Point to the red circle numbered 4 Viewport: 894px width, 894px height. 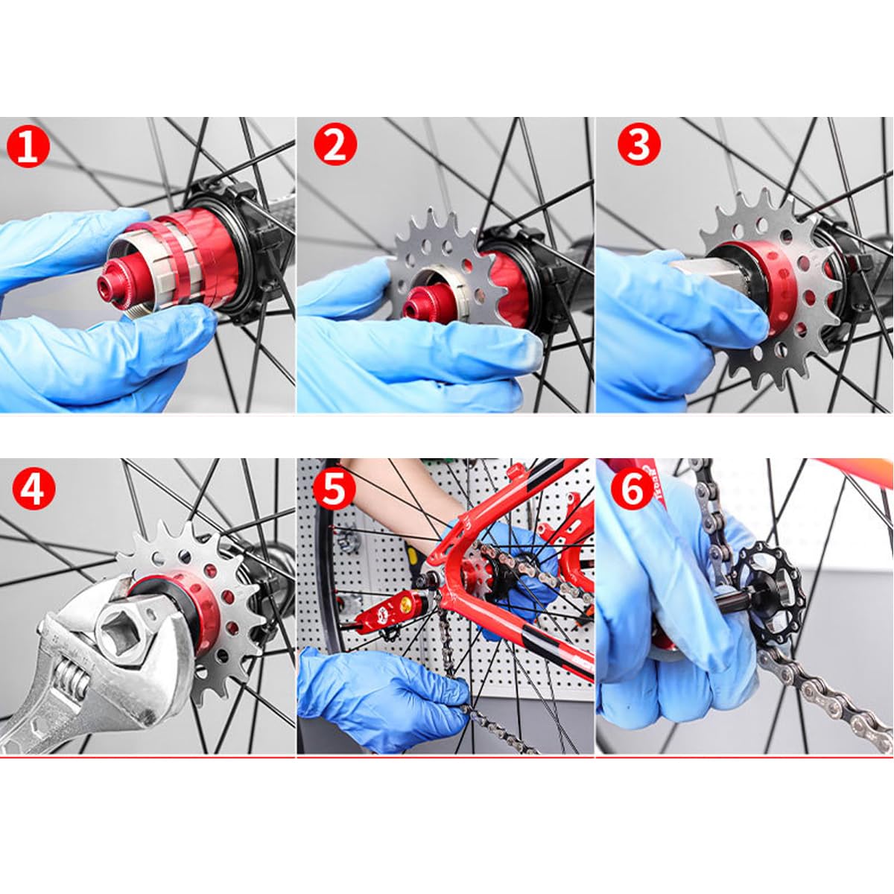(34, 489)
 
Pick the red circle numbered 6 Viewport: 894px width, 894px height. (633, 489)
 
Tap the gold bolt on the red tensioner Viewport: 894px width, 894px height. (405, 604)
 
